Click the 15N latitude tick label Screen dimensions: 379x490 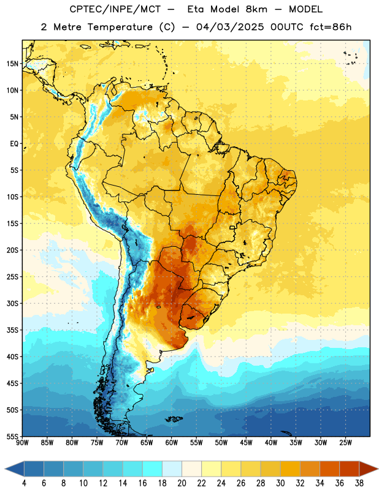(12, 64)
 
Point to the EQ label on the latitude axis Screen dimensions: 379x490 (14, 144)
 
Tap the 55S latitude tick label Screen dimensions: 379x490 (12, 436)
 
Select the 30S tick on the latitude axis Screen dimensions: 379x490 (12, 303)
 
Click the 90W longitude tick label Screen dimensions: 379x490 (22, 443)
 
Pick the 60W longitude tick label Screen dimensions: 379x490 (172, 443)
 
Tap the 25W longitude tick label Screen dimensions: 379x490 (345, 443)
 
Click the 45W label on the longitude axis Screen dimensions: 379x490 (246, 443)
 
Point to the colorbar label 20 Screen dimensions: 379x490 (182, 483)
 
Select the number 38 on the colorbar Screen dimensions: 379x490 (359, 483)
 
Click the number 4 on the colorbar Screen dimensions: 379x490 (24, 483)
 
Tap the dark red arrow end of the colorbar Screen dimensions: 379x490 (369, 469)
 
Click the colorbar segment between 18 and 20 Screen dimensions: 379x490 (172, 469)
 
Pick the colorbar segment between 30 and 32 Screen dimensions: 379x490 (290, 469)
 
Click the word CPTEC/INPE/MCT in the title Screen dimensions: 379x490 (115, 9)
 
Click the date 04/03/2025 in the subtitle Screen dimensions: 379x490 (230, 27)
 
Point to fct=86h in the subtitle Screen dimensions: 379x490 (331, 27)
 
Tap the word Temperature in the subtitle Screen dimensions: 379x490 (120, 27)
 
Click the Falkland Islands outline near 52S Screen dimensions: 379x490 (174, 419)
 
